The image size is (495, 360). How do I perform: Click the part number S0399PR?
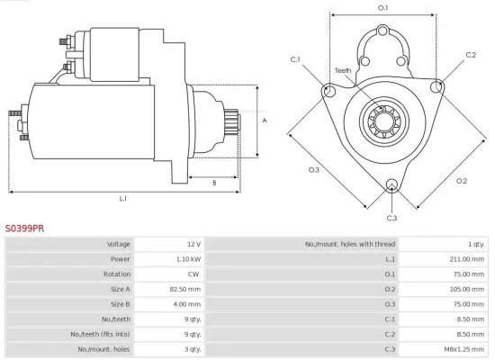coord(24,229)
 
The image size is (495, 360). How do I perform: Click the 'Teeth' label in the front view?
coord(343,70)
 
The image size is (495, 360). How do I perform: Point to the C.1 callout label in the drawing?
coord(295,59)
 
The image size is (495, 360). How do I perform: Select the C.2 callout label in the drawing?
coord(470,55)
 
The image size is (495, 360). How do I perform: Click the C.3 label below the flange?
coord(391,218)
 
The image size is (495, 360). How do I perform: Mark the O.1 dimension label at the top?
coord(382,8)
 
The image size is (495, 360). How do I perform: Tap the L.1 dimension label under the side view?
coord(123,198)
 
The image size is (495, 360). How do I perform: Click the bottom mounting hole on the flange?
coord(391,186)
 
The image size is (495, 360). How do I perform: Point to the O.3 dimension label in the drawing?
coord(314,169)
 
